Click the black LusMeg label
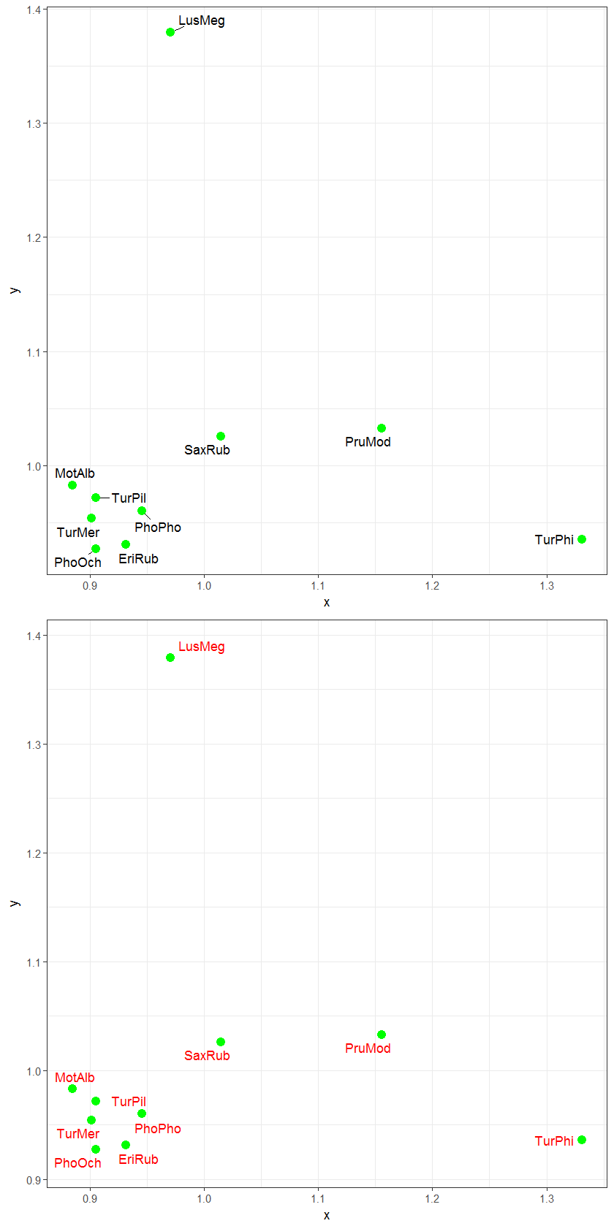[202, 20]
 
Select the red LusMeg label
[202, 647]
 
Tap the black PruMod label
[368, 442]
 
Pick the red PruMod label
[368, 1048]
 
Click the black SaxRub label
[207, 450]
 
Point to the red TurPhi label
[554, 1141]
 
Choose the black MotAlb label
[75, 473]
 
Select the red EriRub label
[138, 1160]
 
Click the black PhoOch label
[77, 563]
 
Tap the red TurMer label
[77, 1134]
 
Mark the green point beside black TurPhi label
[582, 539]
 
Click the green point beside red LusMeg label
[170, 658]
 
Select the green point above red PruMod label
[382, 1035]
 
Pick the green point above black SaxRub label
[221, 436]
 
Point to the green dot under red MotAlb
[72, 1089]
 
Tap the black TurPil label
[129, 498]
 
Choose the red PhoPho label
[158, 1129]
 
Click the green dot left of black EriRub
[126, 544]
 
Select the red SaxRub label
[207, 1056]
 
